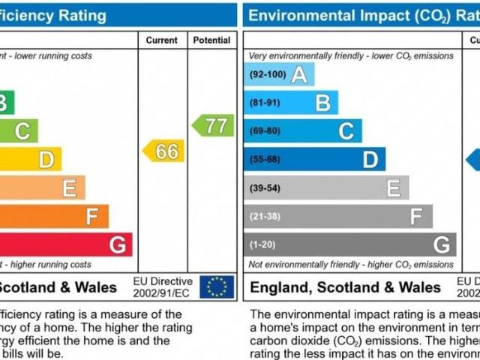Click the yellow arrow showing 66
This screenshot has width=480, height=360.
[164, 151]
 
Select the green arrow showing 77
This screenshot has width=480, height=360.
[214, 125]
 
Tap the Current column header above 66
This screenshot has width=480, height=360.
[162, 40]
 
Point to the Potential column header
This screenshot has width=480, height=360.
[211, 40]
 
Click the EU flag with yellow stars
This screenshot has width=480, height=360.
[217, 286]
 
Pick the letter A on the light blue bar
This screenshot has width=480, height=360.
[299, 75]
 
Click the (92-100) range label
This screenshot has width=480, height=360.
[267, 75]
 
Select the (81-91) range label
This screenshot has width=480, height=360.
[265, 103]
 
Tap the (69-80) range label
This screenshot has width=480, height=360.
[265, 131]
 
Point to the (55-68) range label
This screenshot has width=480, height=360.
[265, 159]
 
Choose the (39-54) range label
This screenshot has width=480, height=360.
[265, 187]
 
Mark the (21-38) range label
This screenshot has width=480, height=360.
[265, 216]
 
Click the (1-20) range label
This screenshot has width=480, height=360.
[262, 244]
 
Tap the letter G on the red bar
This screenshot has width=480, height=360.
[117, 244]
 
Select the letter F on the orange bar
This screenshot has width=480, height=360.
[92, 217]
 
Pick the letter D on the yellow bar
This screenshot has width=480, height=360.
[46, 159]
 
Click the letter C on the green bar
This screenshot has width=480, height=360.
[22, 131]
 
